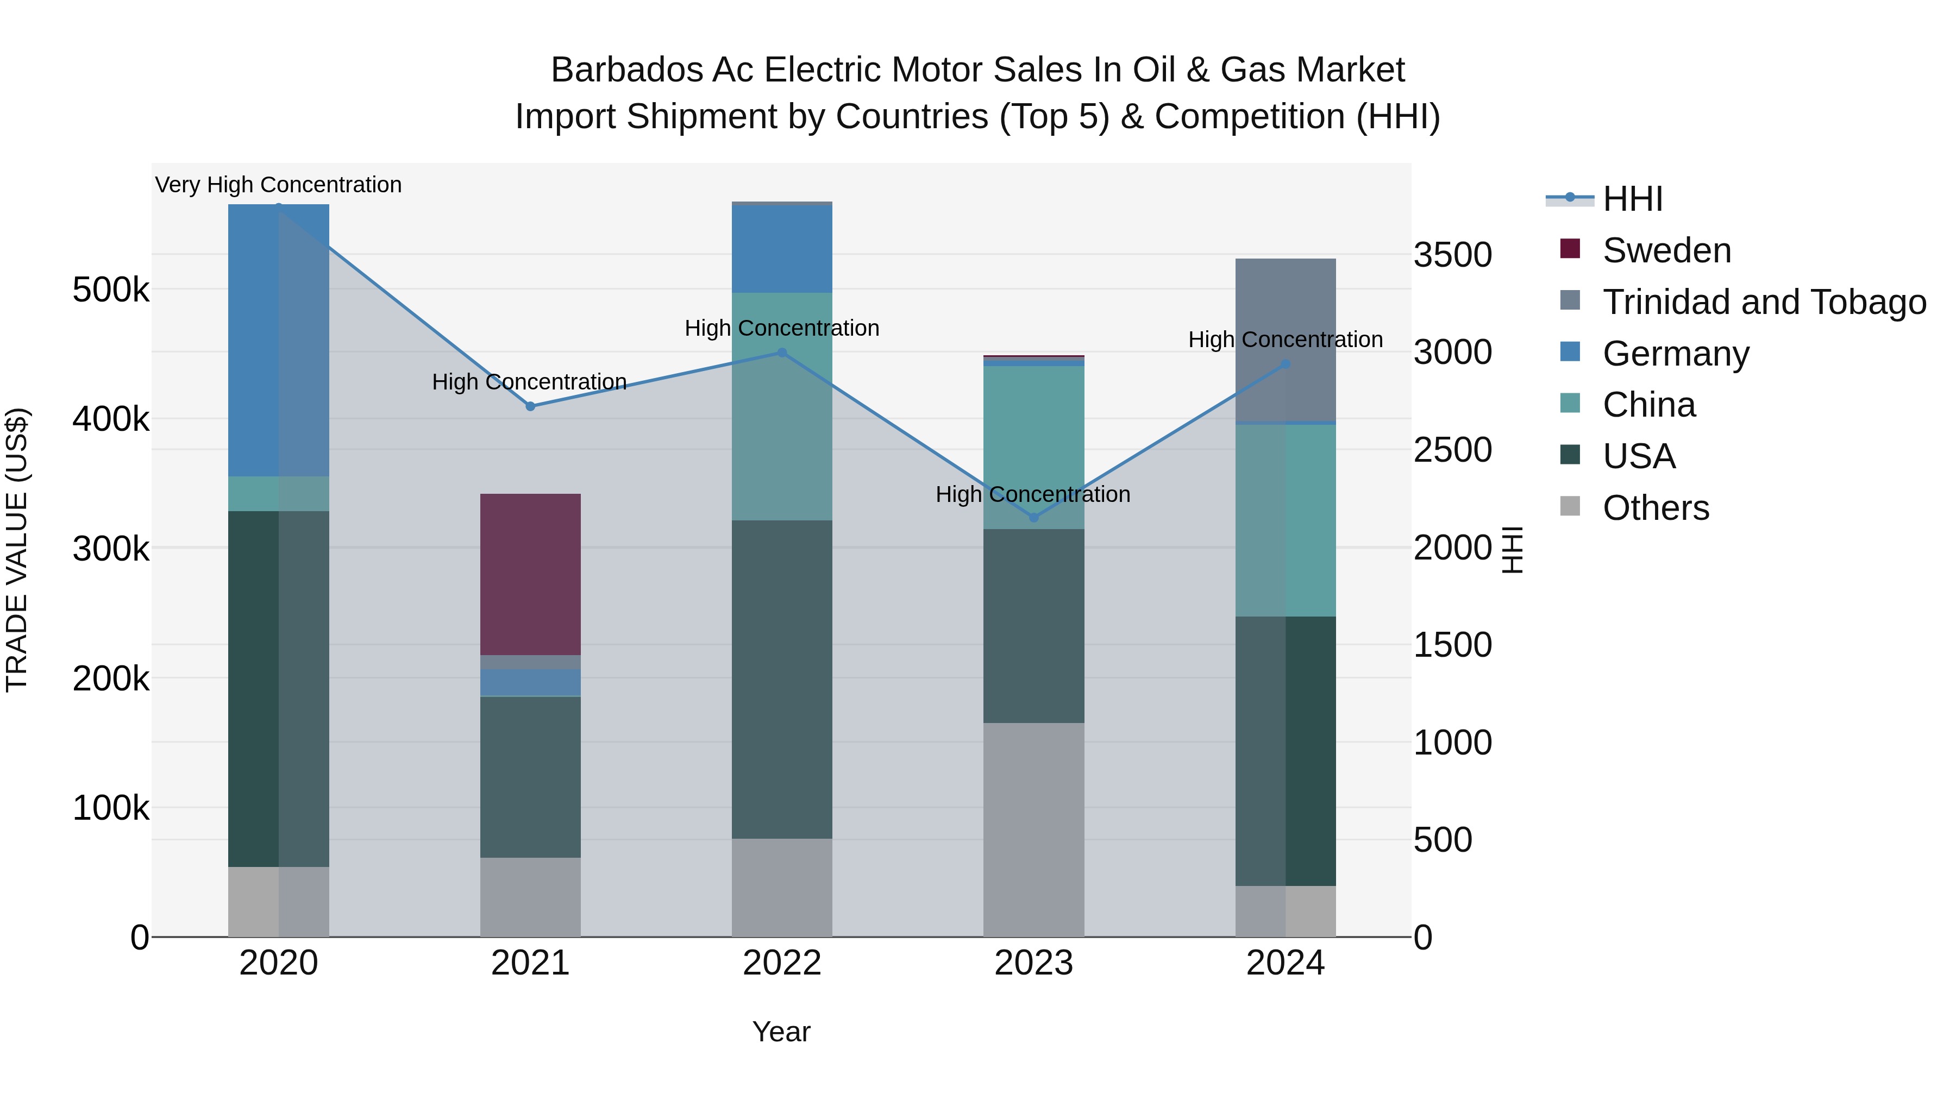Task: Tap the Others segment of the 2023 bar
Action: (x=1033, y=829)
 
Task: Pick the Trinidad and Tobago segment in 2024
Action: (x=1285, y=340)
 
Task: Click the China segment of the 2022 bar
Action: (x=781, y=406)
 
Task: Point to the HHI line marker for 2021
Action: (x=531, y=406)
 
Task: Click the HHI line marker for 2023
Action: (x=1033, y=518)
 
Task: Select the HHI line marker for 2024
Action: (x=1286, y=364)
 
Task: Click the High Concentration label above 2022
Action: (x=781, y=328)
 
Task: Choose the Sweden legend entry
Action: (x=1667, y=250)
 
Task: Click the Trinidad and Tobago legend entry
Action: (x=1764, y=302)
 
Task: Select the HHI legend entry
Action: (x=1633, y=199)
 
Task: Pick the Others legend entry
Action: (x=1656, y=508)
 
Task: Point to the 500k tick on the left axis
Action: (x=111, y=289)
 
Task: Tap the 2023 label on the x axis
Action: (x=1033, y=963)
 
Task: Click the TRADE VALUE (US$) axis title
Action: (x=17, y=550)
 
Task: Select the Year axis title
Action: (x=781, y=1032)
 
